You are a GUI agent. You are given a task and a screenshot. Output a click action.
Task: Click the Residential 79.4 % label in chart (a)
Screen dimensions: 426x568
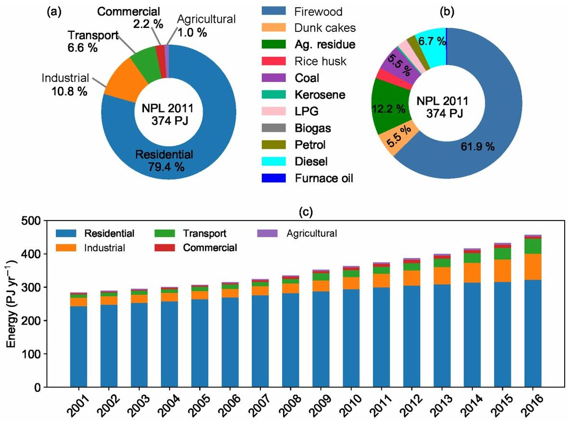164,161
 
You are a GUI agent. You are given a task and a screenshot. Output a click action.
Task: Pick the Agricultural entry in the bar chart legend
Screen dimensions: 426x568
311,233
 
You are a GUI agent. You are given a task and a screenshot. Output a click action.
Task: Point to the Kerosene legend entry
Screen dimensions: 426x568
320,95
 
